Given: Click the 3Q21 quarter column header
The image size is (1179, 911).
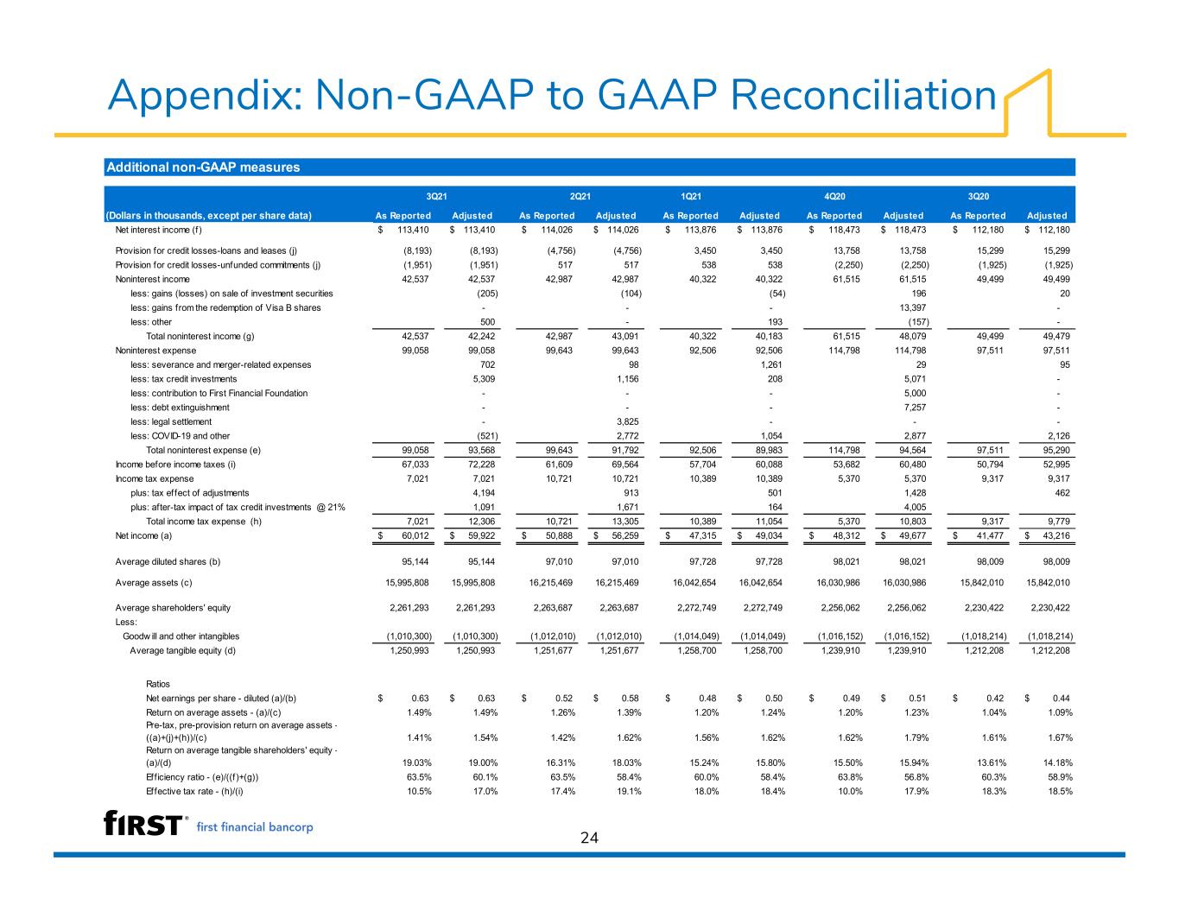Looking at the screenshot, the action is [436, 196].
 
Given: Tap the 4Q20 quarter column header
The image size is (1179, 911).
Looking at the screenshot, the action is [834, 196].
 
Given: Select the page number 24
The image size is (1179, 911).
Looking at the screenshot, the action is [589, 838].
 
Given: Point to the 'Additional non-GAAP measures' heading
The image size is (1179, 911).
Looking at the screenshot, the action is [203, 167].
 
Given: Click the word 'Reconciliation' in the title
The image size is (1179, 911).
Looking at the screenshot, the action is [863, 95].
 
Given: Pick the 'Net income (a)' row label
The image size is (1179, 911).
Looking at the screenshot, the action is [143, 535].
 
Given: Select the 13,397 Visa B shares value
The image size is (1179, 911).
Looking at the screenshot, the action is [913, 307].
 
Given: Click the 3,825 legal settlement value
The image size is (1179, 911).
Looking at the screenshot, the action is [627, 421].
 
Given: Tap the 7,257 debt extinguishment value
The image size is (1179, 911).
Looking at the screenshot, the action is [915, 408].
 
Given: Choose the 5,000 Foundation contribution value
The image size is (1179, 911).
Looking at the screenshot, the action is [915, 393].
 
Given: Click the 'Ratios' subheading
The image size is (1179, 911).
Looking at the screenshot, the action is [158, 685].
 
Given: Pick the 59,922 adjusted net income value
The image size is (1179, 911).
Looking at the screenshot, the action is [480, 535].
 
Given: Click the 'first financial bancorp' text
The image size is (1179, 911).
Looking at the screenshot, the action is [255, 827].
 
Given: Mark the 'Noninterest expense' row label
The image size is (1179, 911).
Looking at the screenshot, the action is [155, 351].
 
